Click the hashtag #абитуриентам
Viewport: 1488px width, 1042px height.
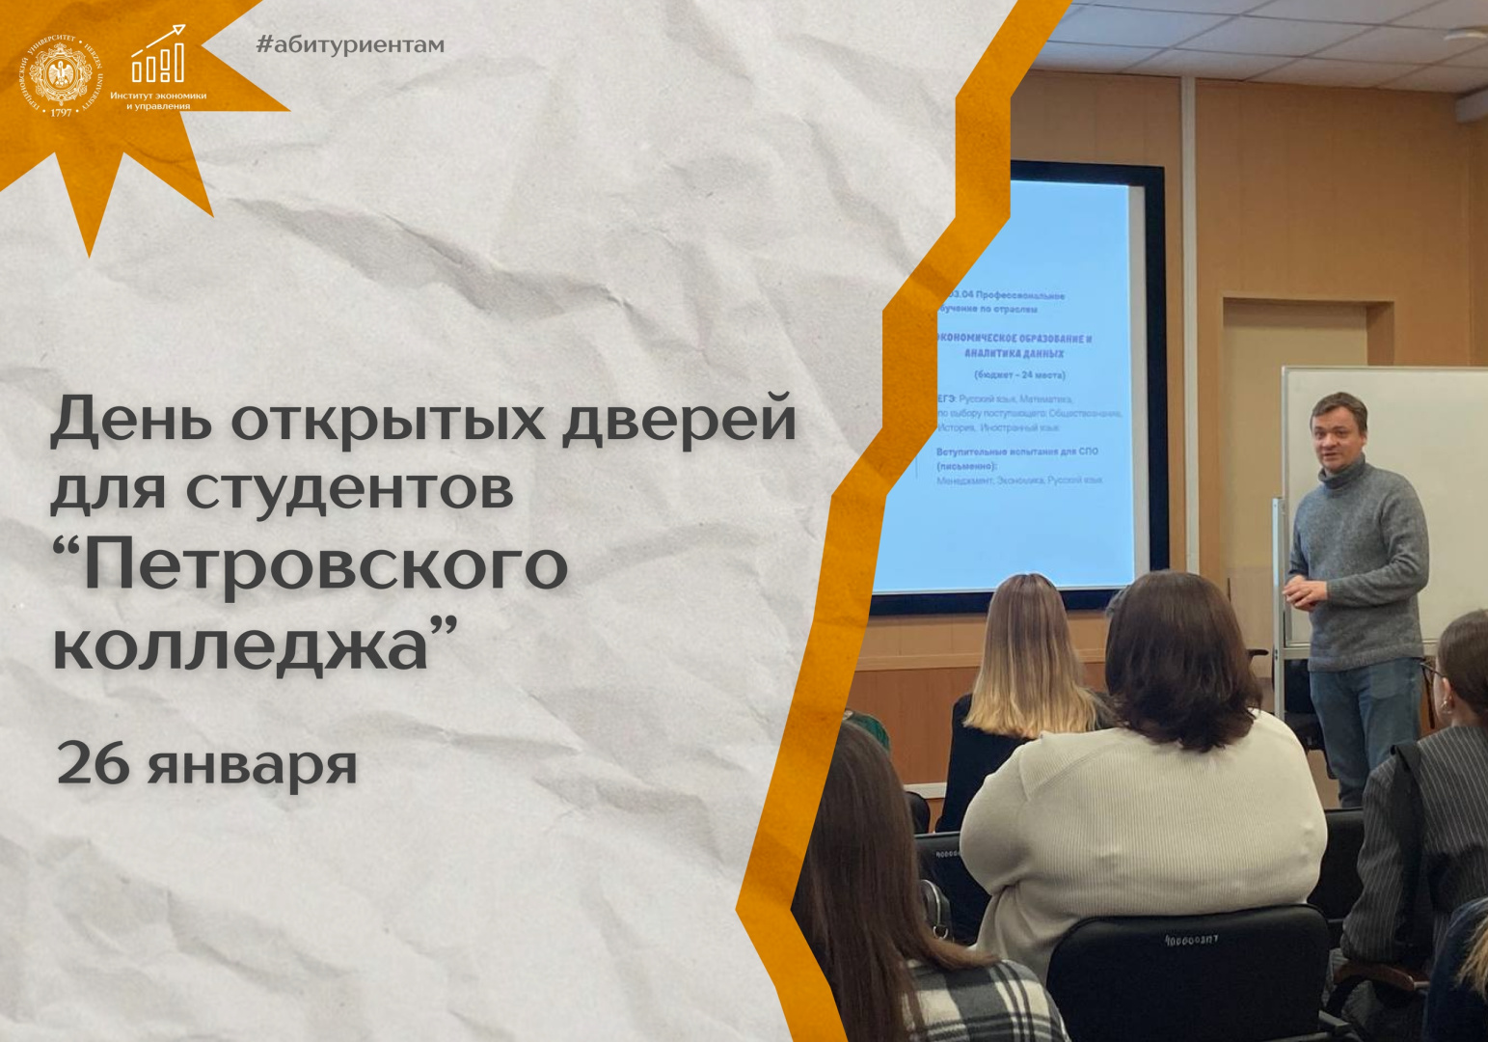click(350, 44)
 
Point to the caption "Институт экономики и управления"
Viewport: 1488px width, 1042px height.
click(158, 100)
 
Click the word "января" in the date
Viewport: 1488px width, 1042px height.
click(253, 766)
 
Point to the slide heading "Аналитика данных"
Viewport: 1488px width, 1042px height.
click(1013, 353)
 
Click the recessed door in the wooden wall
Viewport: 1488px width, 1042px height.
click(1292, 434)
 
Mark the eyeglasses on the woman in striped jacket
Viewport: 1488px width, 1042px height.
click(1430, 668)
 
